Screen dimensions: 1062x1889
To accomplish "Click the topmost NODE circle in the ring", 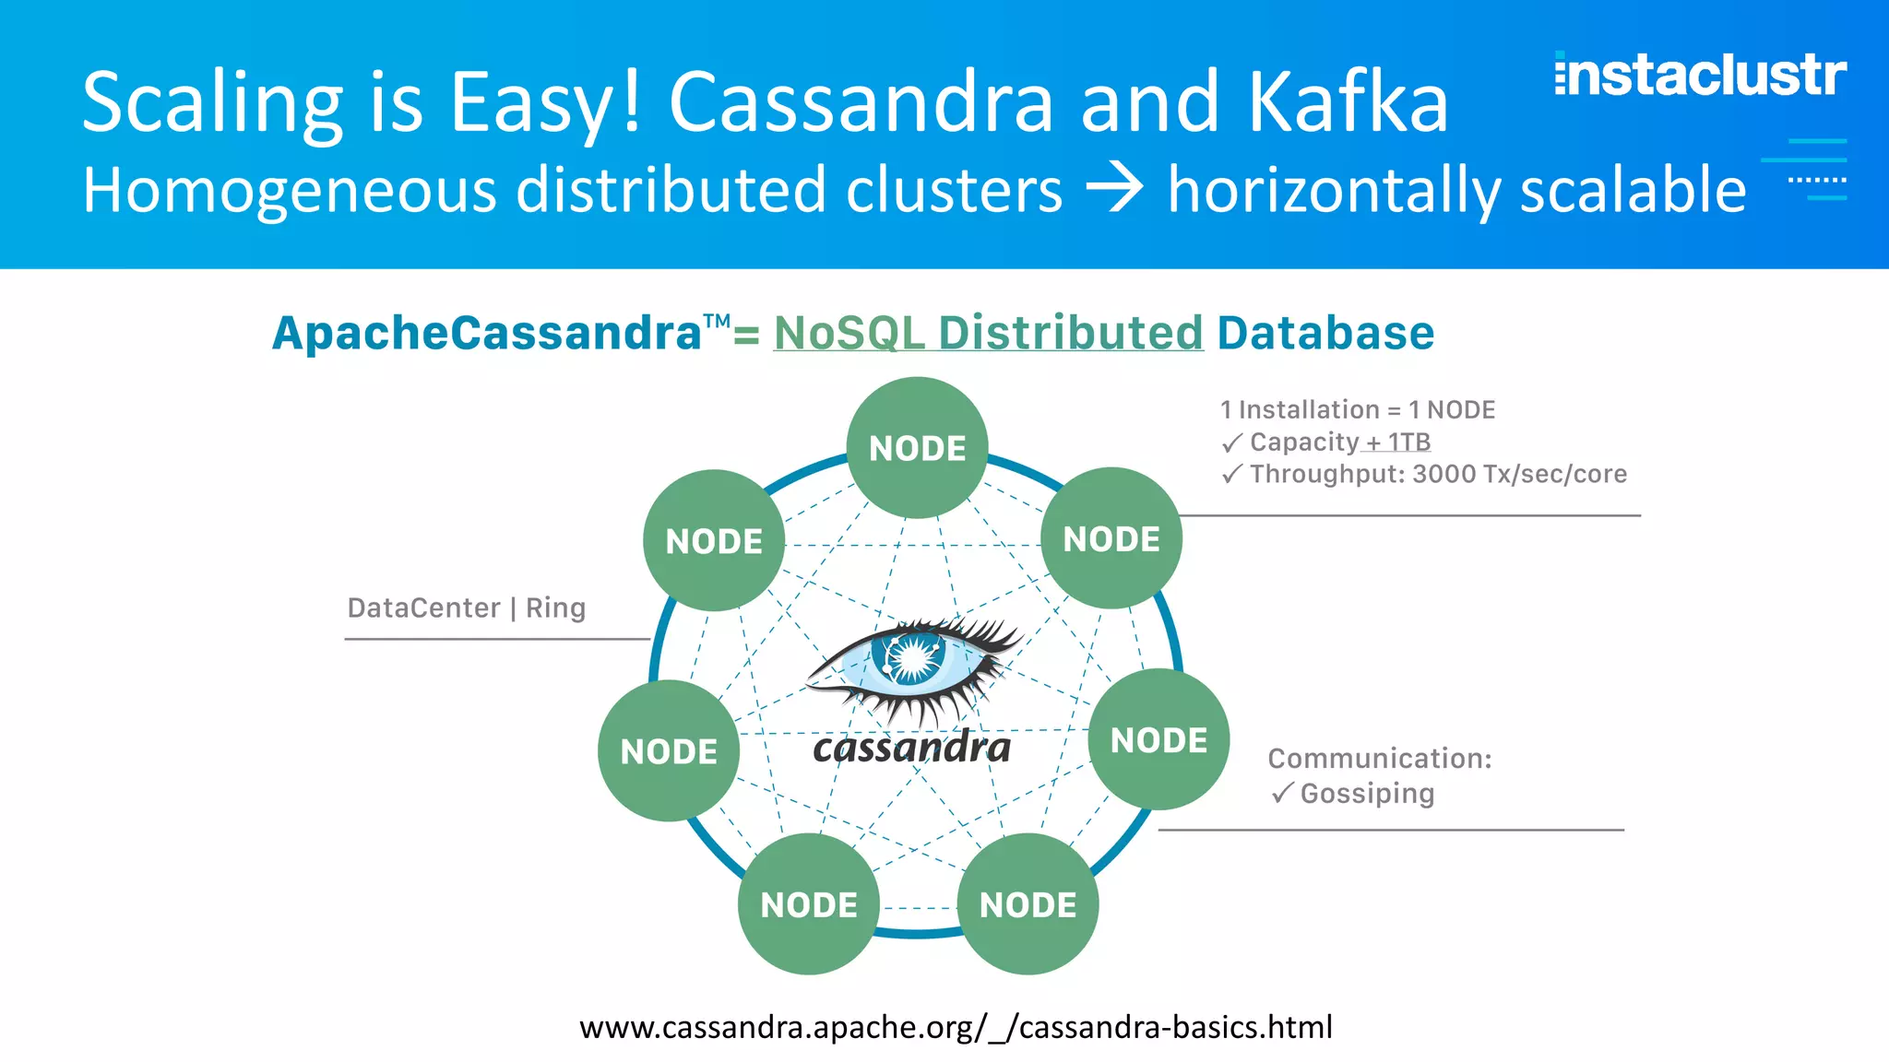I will tap(918, 448).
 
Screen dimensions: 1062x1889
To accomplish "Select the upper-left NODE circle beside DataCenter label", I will tap(714, 541).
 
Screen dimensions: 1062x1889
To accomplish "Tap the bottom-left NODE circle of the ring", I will tap(809, 904).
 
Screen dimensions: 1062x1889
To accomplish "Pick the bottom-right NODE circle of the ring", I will tap(1028, 904).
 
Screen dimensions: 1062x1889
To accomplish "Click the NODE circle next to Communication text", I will tap(1158, 739).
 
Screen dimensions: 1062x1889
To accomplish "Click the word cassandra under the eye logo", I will tap(911, 747).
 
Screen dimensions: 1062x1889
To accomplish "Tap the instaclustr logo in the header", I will tap(1700, 76).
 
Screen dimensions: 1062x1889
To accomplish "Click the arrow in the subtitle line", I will tap(1114, 189).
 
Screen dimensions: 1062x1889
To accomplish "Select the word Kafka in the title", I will tap(1348, 102).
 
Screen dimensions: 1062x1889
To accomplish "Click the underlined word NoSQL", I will tap(849, 333).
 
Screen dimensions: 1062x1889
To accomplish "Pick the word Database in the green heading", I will tap(1325, 333).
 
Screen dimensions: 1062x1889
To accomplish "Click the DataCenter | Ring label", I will tap(467, 608).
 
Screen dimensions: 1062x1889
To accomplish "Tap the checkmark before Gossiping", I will tap(1282, 794).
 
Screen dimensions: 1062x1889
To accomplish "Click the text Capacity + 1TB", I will tap(1339, 442).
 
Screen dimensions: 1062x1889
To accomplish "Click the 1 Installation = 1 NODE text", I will tap(1358, 409).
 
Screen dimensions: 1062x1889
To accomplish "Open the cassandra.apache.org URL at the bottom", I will tap(956, 1027).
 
